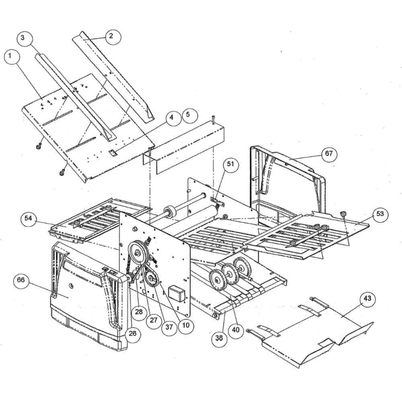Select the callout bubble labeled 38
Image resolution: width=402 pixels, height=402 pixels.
tap(219, 338)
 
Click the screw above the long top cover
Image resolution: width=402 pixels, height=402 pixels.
tap(213, 119)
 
